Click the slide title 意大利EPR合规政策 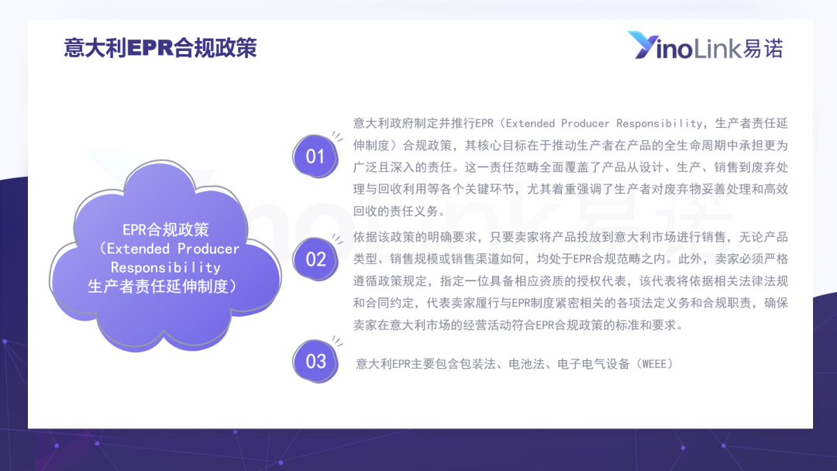pos(160,47)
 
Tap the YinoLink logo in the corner pos(705,46)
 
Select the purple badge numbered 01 pos(315,156)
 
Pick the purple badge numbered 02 pos(315,260)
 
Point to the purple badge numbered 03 pos(315,361)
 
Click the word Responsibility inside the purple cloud pos(166,267)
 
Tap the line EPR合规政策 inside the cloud pos(166,229)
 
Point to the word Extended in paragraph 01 pos(530,123)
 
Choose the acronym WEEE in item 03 pos(654,364)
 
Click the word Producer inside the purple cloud pos(208,249)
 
